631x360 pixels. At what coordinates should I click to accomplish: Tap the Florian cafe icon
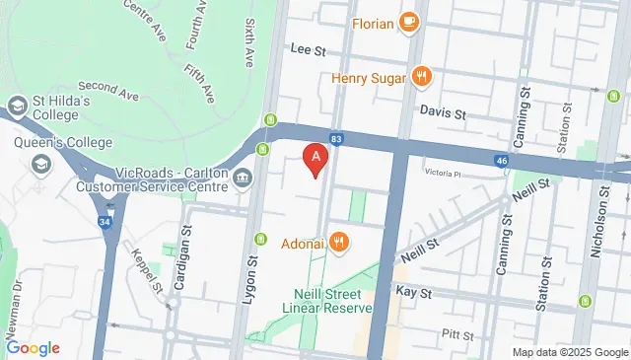coord(409,21)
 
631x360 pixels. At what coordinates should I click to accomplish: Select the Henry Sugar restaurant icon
coord(421,76)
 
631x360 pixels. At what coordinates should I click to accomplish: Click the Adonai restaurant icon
coord(338,241)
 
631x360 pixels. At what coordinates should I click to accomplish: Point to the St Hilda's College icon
coord(18,105)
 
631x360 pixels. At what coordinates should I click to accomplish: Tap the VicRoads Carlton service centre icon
coord(244,178)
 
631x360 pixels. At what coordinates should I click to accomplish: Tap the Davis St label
coord(446,113)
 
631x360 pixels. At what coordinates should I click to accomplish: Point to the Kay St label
coord(413,293)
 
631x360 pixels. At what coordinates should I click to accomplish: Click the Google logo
coord(33,347)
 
